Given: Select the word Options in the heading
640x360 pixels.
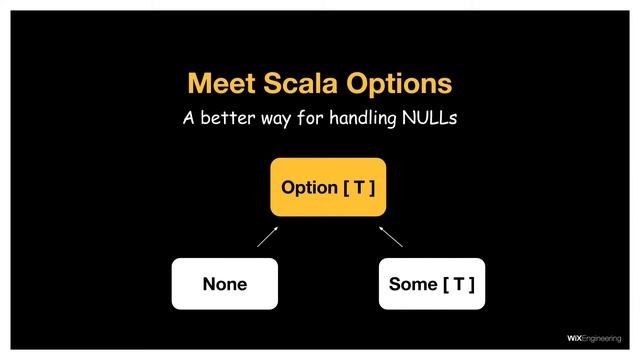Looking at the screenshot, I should click(x=397, y=83).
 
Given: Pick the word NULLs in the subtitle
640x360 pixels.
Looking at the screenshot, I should click(x=429, y=119).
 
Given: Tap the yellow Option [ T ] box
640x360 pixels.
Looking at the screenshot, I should click(x=328, y=187).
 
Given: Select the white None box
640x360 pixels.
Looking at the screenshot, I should click(x=224, y=284).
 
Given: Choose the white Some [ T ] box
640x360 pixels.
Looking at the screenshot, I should click(x=431, y=284).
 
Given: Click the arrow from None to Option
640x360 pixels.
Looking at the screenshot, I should click(x=268, y=236).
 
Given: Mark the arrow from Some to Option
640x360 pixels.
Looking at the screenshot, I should click(x=390, y=236).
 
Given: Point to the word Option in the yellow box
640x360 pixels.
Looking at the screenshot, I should click(x=310, y=187).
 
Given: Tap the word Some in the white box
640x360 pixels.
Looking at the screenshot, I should click(x=412, y=284).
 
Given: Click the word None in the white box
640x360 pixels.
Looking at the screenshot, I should click(x=224, y=284).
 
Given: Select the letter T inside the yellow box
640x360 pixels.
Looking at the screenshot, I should click(x=360, y=187).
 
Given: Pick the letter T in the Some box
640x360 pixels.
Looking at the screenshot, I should click(x=458, y=284).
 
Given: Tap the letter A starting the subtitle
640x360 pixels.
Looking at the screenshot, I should click(x=188, y=119).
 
